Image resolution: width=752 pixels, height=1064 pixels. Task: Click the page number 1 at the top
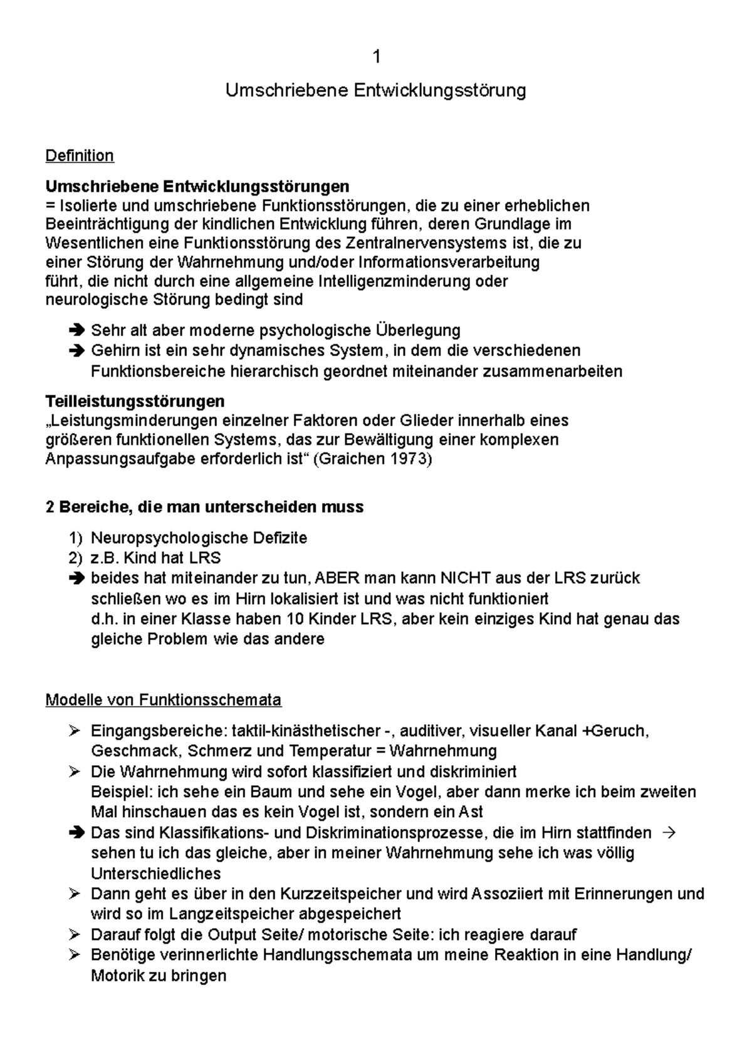click(x=376, y=58)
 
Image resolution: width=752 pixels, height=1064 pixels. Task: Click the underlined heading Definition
click(x=80, y=155)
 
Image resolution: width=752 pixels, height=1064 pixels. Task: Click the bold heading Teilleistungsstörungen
click(x=135, y=400)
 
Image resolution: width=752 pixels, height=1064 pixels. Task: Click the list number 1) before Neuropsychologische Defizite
click(x=75, y=538)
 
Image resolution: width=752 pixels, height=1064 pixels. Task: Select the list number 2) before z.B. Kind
click(x=75, y=558)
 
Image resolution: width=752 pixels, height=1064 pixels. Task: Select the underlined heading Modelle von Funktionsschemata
click(x=164, y=699)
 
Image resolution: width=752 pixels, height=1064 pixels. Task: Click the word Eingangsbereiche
click(x=158, y=731)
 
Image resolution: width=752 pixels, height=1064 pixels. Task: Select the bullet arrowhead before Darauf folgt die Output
click(x=75, y=935)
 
